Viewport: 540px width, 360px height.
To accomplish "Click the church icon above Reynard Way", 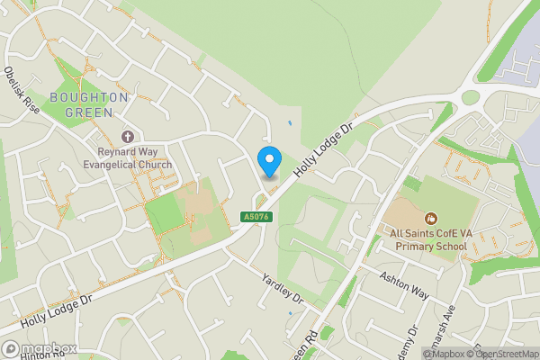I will click(x=128, y=137).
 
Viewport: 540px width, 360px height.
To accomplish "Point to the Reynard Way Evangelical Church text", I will click(x=127, y=159).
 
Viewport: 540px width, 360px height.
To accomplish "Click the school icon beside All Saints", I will click(x=431, y=217).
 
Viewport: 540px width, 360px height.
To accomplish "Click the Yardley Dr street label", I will click(x=283, y=287).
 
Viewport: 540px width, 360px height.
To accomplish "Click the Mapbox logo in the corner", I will click(x=37, y=348).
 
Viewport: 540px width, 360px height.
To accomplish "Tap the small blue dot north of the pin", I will click(x=289, y=123).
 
